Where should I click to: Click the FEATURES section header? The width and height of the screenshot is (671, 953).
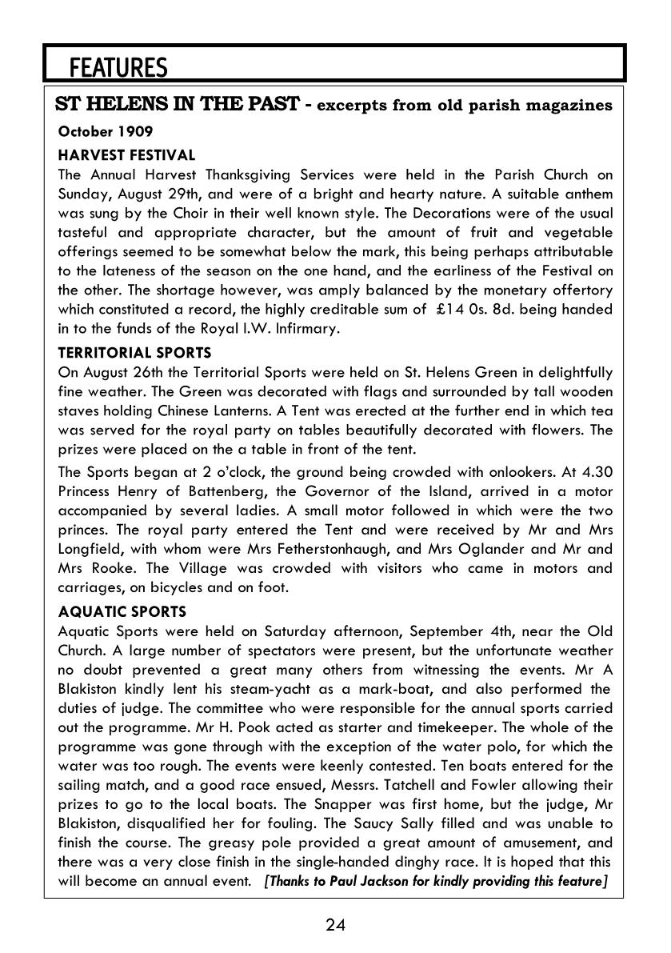pyautogui.click(x=118, y=67)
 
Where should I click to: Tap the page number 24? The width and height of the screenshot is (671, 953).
pyautogui.click(x=335, y=925)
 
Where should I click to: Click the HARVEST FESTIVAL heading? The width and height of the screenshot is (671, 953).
pyautogui.click(x=126, y=154)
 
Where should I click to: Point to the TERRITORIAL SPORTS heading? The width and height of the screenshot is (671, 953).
pyautogui.click(x=135, y=352)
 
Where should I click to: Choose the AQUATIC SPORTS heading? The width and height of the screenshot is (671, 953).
pyautogui.click(x=122, y=611)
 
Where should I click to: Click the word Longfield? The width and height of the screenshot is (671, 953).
pyautogui.click(x=89, y=549)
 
